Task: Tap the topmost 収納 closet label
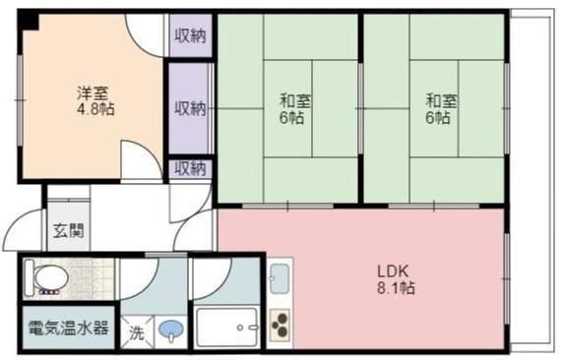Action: click(190, 36)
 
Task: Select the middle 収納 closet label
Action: click(190, 107)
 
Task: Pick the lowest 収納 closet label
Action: click(190, 168)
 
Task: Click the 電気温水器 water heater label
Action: click(68, 328)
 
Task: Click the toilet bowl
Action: click(47, 279)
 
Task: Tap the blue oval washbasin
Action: click(171, 330)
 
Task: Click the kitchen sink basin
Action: click(280, 281)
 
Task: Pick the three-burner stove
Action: click(279, 326)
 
